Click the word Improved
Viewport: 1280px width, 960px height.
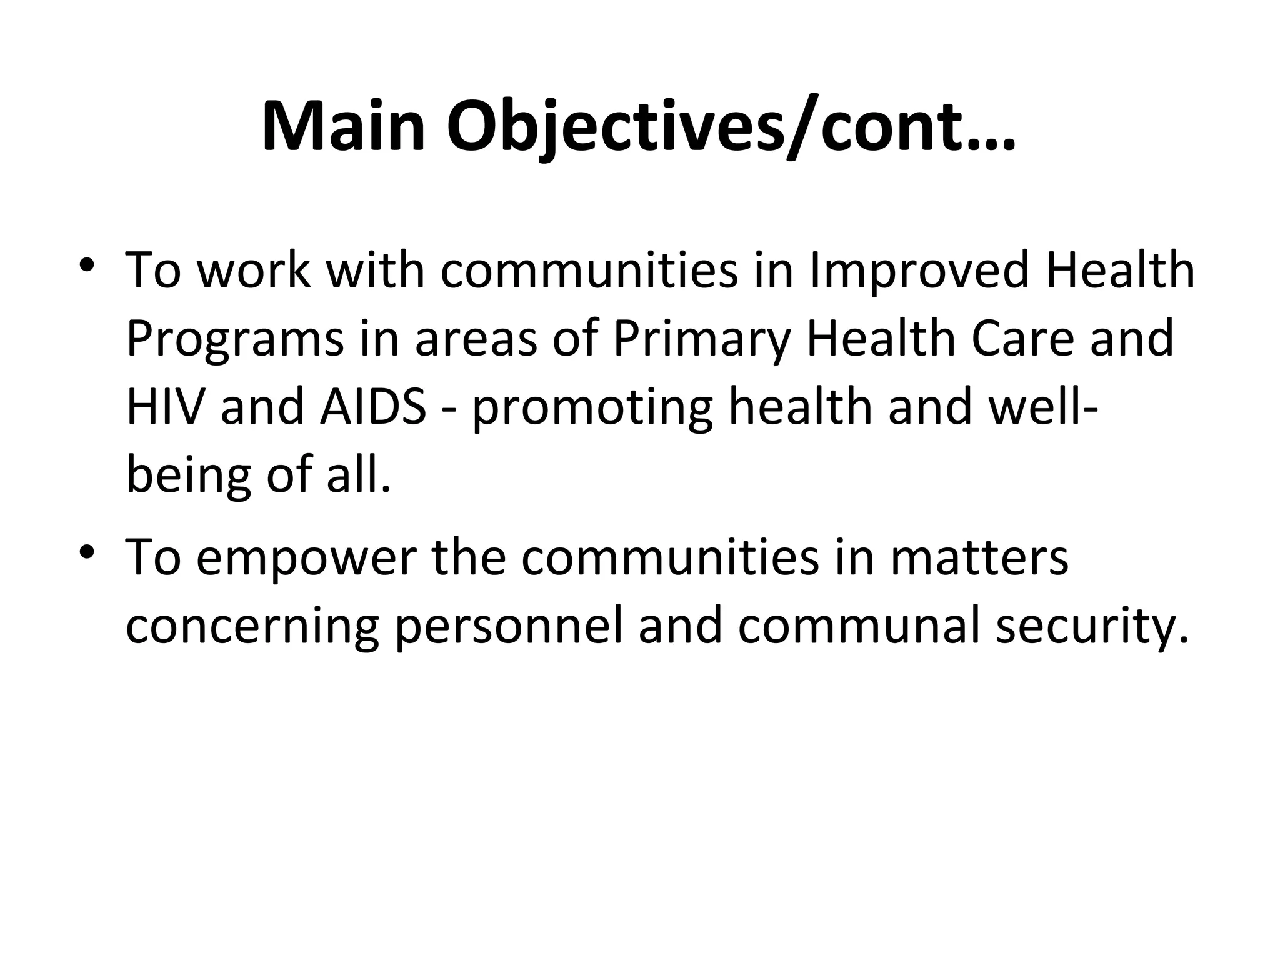[919, 271]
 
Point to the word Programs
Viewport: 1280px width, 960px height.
[234, 340]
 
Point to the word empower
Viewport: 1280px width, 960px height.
[306, 560]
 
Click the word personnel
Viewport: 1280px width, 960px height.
[509, 629]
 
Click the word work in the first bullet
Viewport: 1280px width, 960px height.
[254, 271]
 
